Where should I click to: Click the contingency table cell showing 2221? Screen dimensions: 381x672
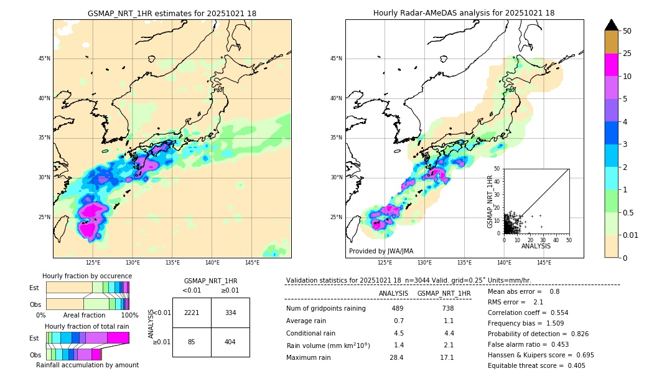tap(192, 313)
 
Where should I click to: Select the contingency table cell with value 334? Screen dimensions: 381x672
tap(230, 313)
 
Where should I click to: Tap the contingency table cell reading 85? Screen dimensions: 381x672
tap(192, 342)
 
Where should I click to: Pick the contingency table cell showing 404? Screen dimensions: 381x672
tap(230, 342)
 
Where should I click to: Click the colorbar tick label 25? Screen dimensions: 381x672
tap(628, 54)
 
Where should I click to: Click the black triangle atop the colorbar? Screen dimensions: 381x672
tap(612, 25)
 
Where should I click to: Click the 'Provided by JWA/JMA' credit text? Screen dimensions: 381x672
tap(380, 251)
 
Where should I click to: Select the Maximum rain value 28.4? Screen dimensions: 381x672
tap(396, 357)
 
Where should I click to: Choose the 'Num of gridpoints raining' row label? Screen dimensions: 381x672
tap(325, 308)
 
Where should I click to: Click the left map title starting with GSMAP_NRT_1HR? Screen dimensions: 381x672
tap(172, 13)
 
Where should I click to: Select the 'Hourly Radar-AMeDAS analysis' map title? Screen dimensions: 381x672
tap(464, 13)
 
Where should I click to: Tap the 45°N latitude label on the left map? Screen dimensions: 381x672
tap(44, 59)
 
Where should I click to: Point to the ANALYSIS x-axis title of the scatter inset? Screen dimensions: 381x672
tap(536, 246)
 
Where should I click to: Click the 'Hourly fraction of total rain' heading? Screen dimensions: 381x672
tap(87, 326)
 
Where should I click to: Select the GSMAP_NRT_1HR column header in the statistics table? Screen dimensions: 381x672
tap(444, 293)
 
